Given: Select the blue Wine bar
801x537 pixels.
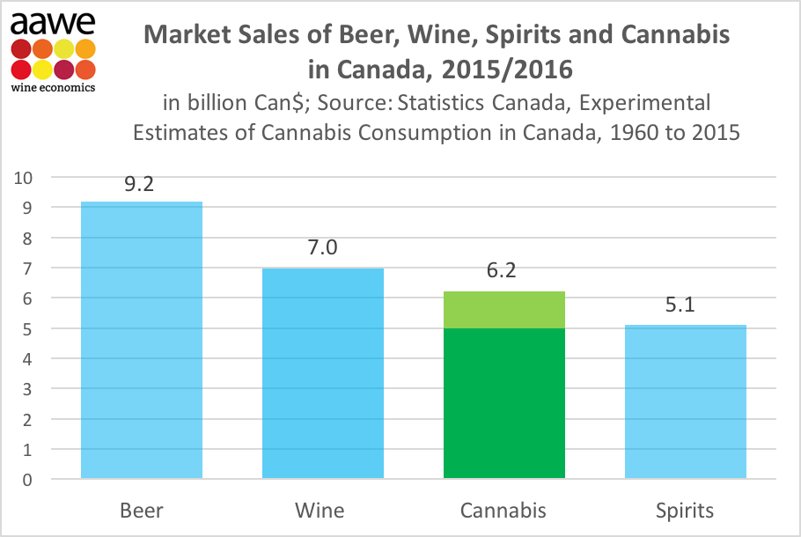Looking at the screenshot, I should pos(322,373).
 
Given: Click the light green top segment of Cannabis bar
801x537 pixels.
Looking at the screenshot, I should pos(503,310).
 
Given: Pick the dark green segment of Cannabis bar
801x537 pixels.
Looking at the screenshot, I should pos(503,403).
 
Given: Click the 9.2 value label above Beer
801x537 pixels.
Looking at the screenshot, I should pos(141,186).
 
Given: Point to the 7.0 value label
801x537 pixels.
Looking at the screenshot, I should pos(322,248).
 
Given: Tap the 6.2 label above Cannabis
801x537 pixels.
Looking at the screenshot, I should pos(503,271).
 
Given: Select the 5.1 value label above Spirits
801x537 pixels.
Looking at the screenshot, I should pos(686,305).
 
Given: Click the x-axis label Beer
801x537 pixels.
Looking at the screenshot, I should pos(141,511).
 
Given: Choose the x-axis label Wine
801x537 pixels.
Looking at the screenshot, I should pos(322,511).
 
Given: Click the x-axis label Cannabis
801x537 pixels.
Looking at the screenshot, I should pos(503,511).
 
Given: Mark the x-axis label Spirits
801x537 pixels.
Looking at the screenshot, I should pos(686,511).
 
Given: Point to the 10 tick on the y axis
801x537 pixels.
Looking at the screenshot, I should pos(23,177).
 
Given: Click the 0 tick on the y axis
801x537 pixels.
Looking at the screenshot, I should pos(27,480).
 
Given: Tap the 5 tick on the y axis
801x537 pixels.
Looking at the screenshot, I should pos(27,328).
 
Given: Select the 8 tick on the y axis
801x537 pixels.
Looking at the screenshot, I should pos(27,238).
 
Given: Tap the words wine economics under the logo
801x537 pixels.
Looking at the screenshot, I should pos(53,86).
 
